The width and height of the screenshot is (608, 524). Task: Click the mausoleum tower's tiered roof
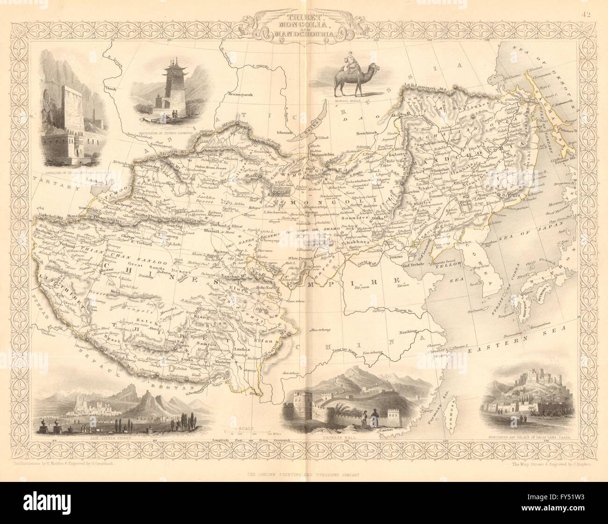[169, 70]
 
